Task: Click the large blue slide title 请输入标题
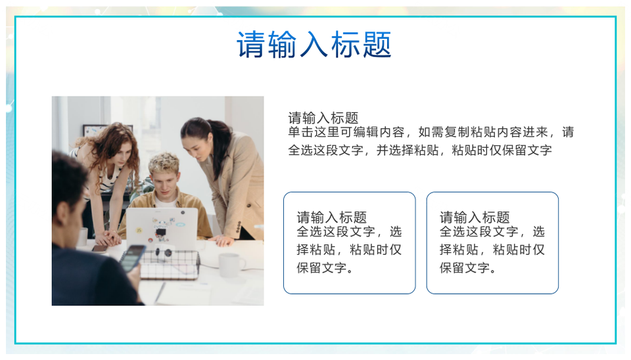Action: coord(314,44)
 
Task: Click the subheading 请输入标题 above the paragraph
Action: coord(323,118)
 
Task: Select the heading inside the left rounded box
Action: coord(331,217)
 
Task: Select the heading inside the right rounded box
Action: coord(475,217)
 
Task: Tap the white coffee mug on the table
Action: coord(231,265)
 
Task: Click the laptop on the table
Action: coord(162,229)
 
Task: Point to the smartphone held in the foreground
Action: coord(132,258)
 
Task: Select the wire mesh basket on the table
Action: coord(169,263)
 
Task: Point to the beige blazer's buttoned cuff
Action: coord(240,229)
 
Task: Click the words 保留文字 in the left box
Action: coord(321,268)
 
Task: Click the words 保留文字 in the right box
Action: coord(465,268)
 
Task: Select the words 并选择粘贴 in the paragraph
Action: coord(408,150)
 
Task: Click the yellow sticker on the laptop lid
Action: coord(139,231)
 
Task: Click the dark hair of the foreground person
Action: coord(68,177)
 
